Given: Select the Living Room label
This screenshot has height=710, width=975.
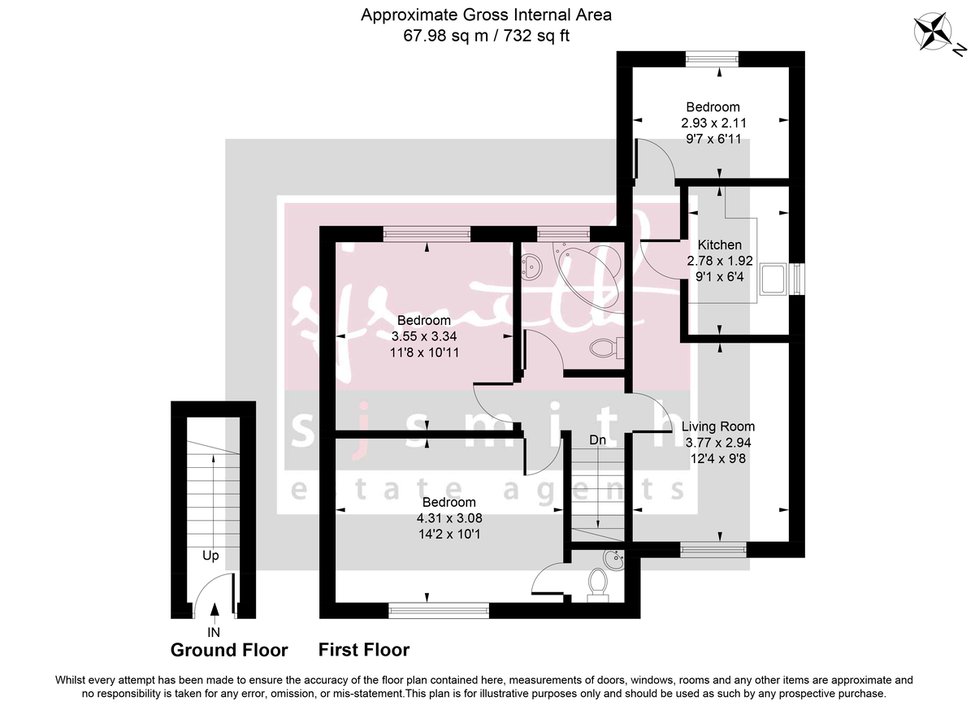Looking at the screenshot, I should tap(718, 426).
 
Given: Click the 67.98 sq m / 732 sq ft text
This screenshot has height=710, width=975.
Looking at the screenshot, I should tap(487, 36).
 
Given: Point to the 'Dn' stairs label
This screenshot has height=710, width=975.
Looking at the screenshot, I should tap(598, 439).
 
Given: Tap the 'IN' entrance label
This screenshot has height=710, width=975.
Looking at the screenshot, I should tap(213, 630).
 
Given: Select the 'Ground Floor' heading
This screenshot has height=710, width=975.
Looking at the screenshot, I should tap(229, 650).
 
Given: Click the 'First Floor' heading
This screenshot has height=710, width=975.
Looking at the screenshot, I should tap(364, 650).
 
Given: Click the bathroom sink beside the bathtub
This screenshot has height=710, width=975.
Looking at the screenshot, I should tap(532, 265).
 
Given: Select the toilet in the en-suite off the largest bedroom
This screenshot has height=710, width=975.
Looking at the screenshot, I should tap(598, 582).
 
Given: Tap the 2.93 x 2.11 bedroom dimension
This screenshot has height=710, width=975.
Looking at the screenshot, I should tap(713, 123).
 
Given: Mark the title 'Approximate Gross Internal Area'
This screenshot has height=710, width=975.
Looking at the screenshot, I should tap(487, 15).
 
